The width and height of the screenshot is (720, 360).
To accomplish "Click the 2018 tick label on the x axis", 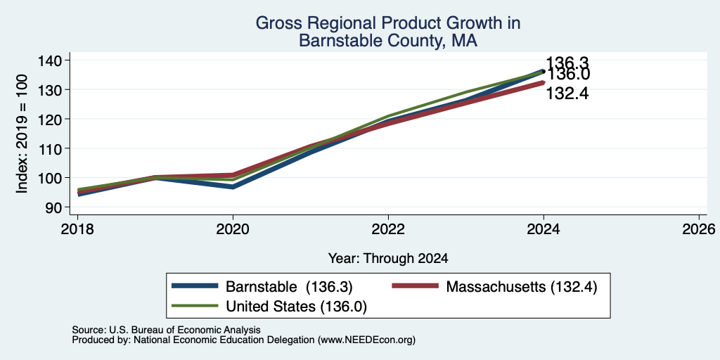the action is pyautogui.click(x=77, y=229).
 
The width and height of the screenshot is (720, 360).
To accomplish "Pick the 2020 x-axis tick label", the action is pyautogui.click(x=233, y=229).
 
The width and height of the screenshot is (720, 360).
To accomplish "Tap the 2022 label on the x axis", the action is pyautogui.click(x=388, y=229).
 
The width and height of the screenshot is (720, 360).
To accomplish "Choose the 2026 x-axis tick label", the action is pyautogui.click(x=699, y=229).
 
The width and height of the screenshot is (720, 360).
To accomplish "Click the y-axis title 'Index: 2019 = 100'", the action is pyautogui.click(x=22, y=134).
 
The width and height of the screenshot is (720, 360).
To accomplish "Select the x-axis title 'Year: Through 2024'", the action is pyautogui.click(x=388, y=259).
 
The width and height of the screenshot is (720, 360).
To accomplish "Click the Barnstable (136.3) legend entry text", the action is pyautogui.click(x=289, y=287).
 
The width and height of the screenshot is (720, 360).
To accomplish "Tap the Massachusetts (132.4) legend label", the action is pyautogui.click(x=522, y=287).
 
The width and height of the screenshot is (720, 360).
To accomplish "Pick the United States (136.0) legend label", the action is pyautogui.click(x=296, y=307).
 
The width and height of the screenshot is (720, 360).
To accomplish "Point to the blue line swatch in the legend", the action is pyautogui.click(x=195, y=286).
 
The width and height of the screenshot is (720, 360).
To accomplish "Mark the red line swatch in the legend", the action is pyautogui.click(x=416, y=286).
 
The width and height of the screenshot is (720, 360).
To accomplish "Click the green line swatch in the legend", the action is pyautogui.click(x=195, y=305).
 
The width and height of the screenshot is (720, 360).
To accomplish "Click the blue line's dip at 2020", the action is pyautogui.click(x=233, y=187).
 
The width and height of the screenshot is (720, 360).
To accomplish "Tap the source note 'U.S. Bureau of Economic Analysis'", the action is pyautogui.click(x=185, y=330).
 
